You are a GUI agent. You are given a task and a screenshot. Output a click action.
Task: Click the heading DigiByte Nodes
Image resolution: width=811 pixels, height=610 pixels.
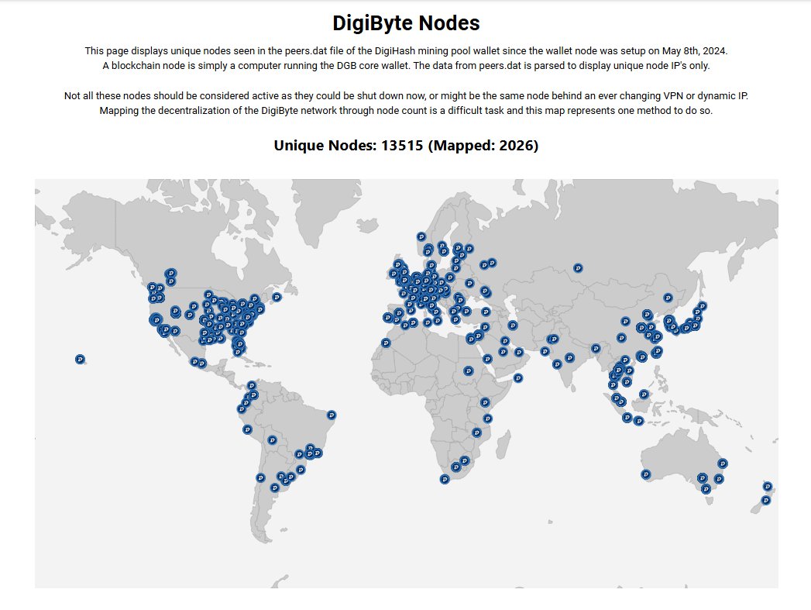tap(405, 23)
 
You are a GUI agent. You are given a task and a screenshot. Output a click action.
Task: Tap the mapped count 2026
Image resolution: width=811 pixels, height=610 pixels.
tap(514, 145)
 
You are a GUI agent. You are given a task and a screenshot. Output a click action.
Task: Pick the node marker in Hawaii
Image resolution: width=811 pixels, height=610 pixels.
tap(81, 359)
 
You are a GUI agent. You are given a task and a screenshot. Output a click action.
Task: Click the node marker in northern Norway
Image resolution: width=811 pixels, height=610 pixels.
tap(421, 236)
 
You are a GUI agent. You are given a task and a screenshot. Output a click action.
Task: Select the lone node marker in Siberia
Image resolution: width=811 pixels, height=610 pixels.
tap(578, 267)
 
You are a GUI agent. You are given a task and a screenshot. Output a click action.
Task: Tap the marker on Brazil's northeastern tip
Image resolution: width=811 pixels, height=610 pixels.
tap(332, 415)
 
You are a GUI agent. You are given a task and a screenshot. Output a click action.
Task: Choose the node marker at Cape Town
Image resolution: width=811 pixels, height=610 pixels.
tap(445, 479)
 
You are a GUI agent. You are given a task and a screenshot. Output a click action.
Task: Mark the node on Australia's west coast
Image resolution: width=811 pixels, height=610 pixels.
tap(645, 474)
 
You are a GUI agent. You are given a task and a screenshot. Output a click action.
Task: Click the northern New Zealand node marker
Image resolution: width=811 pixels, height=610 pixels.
tap(768, 486)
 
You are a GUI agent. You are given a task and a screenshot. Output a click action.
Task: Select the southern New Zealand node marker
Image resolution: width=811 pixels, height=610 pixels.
tap(766, 500)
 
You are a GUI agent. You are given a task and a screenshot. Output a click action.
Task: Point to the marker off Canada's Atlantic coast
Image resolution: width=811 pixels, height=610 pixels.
tap(277, 297)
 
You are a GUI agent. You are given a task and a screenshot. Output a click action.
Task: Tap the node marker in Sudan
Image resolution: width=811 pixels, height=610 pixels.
tap(468, 371)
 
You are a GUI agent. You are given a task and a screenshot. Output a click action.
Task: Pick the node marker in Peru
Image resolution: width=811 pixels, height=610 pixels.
tap(247, 429)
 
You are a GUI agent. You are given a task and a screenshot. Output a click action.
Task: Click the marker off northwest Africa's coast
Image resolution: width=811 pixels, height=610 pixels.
tap(386, 343)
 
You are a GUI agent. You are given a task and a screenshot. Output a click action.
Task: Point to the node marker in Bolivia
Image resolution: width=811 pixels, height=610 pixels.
tap(272, 439)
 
